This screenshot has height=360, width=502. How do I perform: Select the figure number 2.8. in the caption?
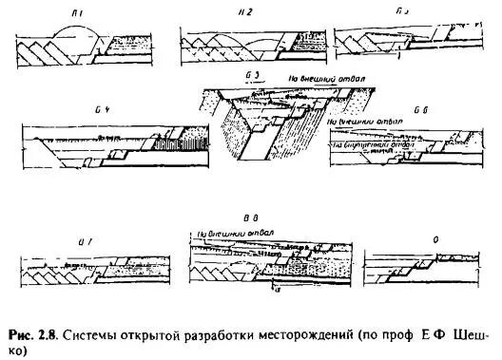pyautogui.click(x=59, y=335)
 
